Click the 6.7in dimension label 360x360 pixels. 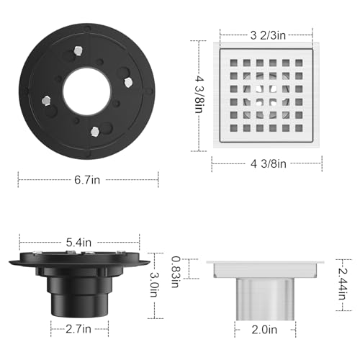click(87, 180)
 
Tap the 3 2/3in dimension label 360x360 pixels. click(268, 35)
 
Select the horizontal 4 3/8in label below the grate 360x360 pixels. click(269, 164)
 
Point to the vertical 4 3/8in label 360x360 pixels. click(199, 94)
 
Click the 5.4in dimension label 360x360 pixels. click(79, 243)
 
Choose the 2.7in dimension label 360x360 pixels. click(78, 329)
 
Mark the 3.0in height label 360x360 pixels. click(153, 284)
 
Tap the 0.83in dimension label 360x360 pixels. click(176, 271)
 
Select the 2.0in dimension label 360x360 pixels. click(264, 330)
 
